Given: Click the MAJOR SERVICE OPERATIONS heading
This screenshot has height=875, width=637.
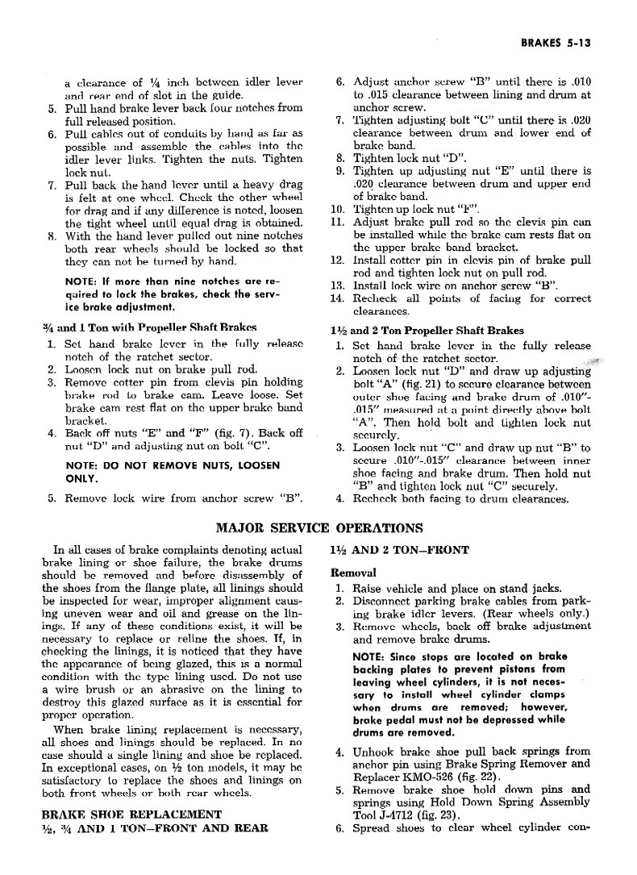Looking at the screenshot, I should coord(320,529).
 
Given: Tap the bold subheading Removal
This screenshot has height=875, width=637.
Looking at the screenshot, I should coord(353,573).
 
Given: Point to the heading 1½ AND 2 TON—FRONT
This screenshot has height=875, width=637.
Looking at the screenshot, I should coord(399,551).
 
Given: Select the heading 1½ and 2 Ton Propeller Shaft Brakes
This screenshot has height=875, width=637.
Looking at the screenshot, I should coord(427,331).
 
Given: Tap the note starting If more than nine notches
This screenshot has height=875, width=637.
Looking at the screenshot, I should coord(172,294).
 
